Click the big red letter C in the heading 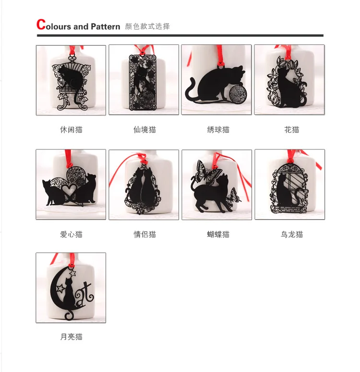(41, 25)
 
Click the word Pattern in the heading (106, 26)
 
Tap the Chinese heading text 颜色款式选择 (147, 26)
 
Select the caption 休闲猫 (71, 130)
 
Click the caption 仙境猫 (144, 130)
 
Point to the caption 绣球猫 (218, 130)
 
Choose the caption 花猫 (291, 130)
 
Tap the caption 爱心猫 (71, 235)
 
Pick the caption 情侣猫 (144, 235)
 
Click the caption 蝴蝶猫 (218, 235)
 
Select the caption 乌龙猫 (291, 235)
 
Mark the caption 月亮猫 (71, 336)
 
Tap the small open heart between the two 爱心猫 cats (69, 190)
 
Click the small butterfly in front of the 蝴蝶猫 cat (233, 197)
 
